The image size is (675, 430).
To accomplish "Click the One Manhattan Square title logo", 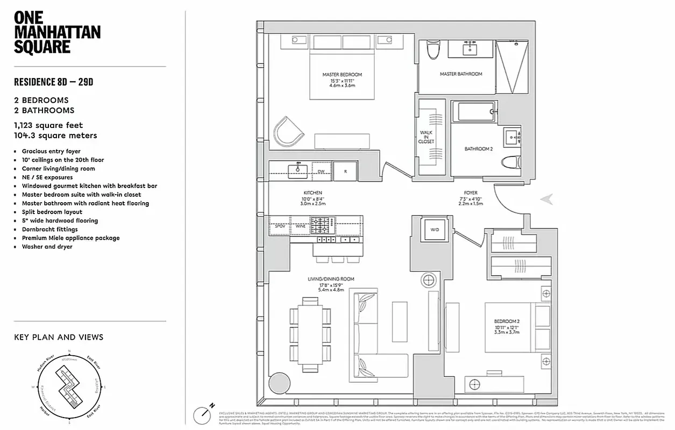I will pos(56,33).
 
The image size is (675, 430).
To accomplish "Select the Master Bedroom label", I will pos(342,74).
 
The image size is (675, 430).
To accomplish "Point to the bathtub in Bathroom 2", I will pos(475,112).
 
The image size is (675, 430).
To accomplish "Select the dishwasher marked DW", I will pos(321,171).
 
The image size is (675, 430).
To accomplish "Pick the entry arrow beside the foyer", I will pos(546,199).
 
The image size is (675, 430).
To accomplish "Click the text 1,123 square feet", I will pos(48,125).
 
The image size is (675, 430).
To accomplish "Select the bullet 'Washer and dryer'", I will pos(47,247).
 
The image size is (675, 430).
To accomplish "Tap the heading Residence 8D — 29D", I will pos(54,82).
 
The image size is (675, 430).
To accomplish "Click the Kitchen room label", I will pos(312,192).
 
